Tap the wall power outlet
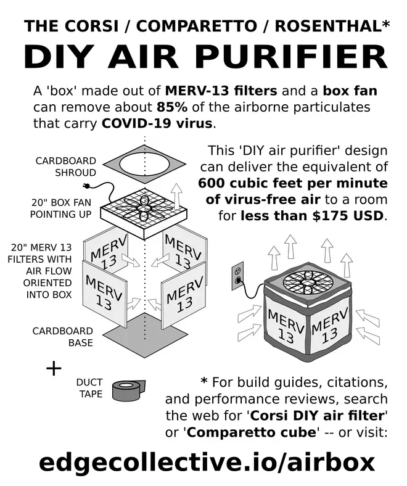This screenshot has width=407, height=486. click(238, 276)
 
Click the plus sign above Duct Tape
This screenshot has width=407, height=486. click(54, 369)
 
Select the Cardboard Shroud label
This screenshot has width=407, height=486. click(66, 167)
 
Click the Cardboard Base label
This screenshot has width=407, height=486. click(63, 337)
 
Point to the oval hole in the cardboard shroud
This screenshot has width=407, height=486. click(144, 164)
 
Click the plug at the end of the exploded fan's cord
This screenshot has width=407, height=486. click(86, 186)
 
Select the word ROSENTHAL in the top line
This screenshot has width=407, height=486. click(328, 26)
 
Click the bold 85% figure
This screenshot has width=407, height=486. click(172, 107)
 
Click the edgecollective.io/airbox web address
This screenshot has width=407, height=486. click(207, 463)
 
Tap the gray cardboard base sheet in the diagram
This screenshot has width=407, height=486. click(144, 336)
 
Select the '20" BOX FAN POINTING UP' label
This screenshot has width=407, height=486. click(61, 208)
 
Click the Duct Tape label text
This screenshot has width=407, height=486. click(89, 388)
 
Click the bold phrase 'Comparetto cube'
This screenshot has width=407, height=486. click(251, 432)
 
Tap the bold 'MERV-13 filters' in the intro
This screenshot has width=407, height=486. click(221, 91)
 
